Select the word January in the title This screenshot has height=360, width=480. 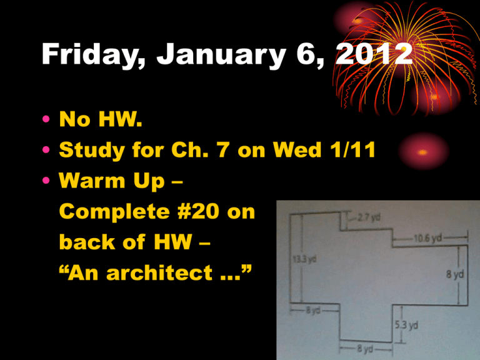point(222,54)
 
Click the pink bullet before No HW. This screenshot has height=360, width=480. point(46,119)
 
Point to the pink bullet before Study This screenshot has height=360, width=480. point(46,150)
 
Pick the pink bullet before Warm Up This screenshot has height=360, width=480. point(46,180)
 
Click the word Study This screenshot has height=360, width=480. point(92,151)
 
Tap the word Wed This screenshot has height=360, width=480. point(297,150)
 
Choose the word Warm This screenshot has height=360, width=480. point(92,180)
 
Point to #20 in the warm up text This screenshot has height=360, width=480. point(198,211)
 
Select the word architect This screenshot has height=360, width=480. point(159,272)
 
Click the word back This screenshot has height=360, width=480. point(87,242)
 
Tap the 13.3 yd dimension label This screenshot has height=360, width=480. point(304,259)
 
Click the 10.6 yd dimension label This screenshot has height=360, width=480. point(428,238)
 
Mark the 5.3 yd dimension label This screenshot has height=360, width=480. point(406,325)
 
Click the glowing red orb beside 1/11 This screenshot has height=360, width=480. point(423,151)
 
